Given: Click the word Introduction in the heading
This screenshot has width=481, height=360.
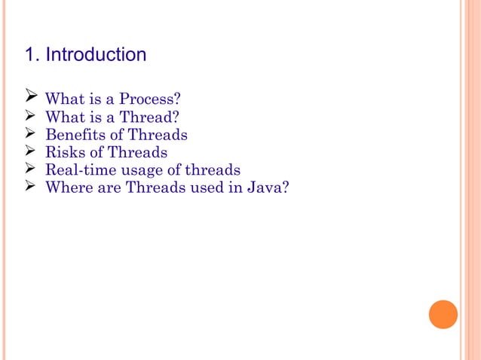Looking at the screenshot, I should click(x=96, y=55).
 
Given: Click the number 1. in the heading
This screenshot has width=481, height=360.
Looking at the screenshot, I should click(x=32, y=55).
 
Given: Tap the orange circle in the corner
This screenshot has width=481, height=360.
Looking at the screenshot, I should click(x=443, y=314).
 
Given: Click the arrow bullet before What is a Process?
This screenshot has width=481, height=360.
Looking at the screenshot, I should click(x=32, y=98).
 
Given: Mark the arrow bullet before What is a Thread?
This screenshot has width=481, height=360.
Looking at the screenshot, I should click(x=32, y=116).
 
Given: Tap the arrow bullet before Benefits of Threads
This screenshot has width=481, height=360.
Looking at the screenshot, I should click(x=32, y=134).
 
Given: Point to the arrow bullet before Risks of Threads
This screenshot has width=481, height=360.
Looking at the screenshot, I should click(x=32, y=151).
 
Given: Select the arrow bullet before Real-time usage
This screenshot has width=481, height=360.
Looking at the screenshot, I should click(x=32, y=169).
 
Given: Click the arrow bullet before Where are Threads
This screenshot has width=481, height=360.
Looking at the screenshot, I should click(x=32, y=186).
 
